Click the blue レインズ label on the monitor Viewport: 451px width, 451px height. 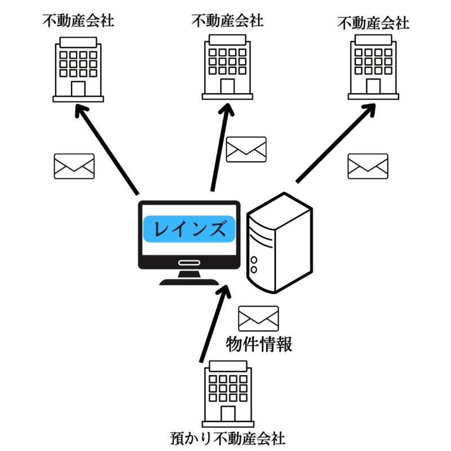tap(189, 229)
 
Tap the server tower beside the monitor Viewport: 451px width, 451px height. tap(280, 243)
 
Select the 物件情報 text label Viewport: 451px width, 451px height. tap(259, 344)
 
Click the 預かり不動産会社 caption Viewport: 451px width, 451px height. tap(228, 439)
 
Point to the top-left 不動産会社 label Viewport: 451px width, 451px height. tap(78, 21)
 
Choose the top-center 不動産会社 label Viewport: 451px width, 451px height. tap(228, 21)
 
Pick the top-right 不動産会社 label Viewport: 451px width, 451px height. tap(373, 23)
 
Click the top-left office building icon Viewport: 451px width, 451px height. tap(78, 69)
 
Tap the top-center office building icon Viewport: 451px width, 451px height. tap(228, 67)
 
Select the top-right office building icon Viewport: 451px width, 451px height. tap(373, 67)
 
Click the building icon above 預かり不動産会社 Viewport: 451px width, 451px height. tap(228, 394)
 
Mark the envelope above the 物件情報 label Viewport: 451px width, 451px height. tap(259, 319)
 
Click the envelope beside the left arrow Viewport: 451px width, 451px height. tap(74, 166)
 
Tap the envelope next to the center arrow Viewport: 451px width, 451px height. tap(246, 149)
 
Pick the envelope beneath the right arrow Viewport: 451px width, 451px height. tap(368, 166)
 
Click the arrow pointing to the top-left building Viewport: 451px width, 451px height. tap(107, 149)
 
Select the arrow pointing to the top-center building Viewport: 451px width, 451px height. tap(222, 148)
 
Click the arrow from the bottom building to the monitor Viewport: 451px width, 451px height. tap(215, 324)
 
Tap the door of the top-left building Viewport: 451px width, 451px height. tap(78, 89)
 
